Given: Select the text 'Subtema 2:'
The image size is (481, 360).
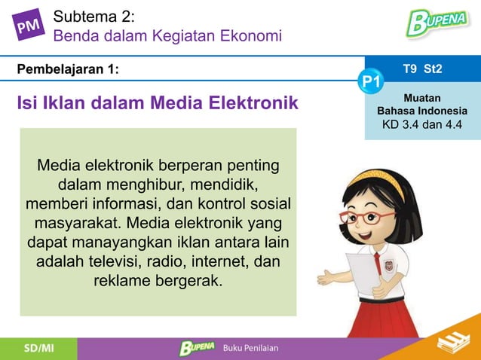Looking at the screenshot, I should pos(94,15).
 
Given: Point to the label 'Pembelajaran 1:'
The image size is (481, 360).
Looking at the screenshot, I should pos(68,69).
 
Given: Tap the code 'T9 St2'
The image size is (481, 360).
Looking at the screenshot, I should pos(422,69).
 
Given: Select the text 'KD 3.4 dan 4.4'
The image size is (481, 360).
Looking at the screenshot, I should pos(422,124).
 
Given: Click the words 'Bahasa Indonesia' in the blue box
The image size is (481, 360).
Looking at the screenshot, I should pos(422,111).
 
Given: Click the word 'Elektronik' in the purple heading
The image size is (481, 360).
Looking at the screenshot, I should pos(253,102).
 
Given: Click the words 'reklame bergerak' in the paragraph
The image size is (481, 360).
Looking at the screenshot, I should pos(158,282).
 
